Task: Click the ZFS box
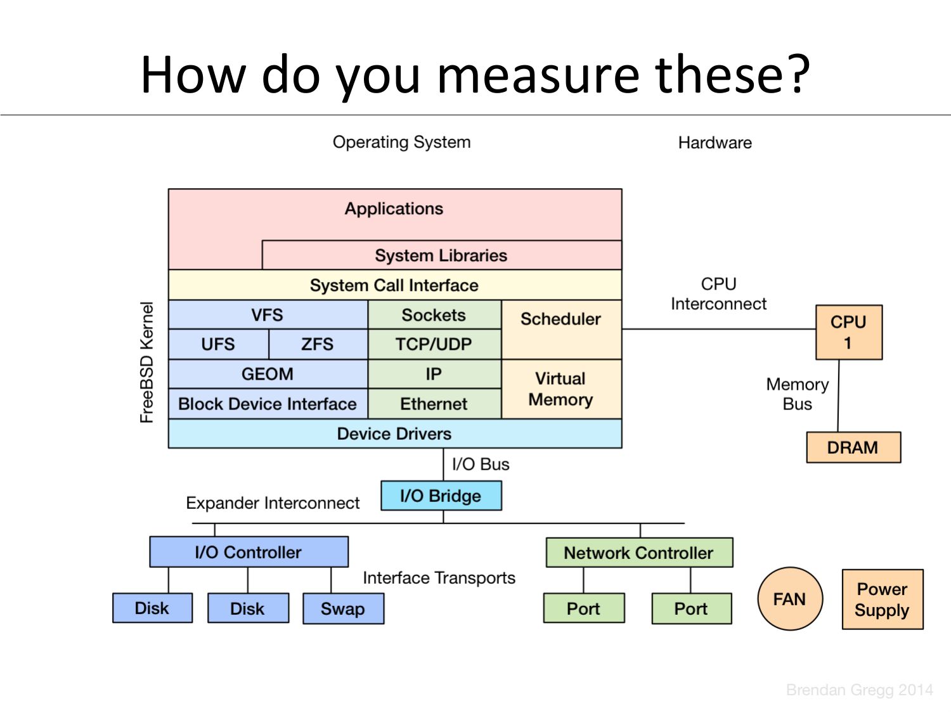(318, 344)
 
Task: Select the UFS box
(218, 344)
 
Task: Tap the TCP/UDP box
(434, 344)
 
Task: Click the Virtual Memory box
(561, 389)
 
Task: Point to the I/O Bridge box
(441, 496)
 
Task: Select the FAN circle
(790, 599)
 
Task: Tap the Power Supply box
(882, 600)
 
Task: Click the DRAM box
(853, 447)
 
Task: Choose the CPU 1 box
(848, 333)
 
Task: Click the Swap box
(343, 608)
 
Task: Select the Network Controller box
(639, 553)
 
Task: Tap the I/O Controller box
(249, 552)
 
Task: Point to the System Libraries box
(441, 255)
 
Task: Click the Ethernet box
(434, 404)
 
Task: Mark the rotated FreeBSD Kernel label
(147, 362)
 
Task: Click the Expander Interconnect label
(273, 503)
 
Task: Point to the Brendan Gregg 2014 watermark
(859, 690)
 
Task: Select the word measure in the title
(538, 75)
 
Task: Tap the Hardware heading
(715, 143)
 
